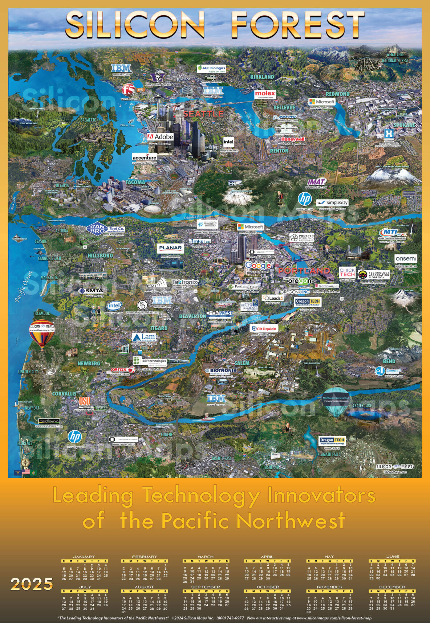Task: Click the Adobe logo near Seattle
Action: [x=160, y=137]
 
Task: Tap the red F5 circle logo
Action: [x=128, y=89]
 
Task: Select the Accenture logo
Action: [x=145, y=157]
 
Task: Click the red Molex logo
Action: [x=265, y=94]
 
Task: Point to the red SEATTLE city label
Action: [x=203, y=114]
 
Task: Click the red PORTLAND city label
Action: [x=304, y=271]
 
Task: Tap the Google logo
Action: [x=258, y=266]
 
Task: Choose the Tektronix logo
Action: [x=185, y=282]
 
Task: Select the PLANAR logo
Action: [x=171, y=248]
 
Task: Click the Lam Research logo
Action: [x=144, y=338]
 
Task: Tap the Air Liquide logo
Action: [x=264, y=329]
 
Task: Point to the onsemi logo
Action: [x=406, y=259]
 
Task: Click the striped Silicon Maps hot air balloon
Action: [x=42, y=332]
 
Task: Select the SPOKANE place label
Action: [x=404, y=125]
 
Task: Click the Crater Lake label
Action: [x=362, y=406]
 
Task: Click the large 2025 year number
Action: [x=32, y=584]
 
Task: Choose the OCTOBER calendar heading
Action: [x=268, y=587]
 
